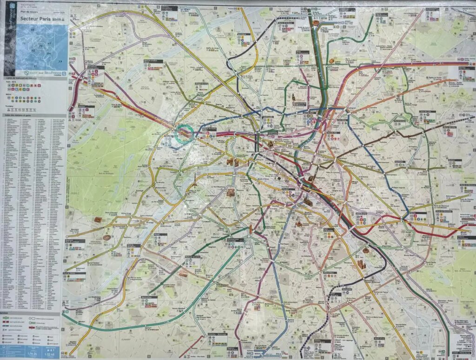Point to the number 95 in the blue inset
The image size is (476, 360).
click(33, 30)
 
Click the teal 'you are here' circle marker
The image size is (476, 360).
click(184, 134)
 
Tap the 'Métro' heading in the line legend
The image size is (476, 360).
click(7, 93)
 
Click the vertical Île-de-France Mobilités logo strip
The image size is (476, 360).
click(10, 21)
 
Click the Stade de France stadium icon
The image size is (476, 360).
click(316, 22)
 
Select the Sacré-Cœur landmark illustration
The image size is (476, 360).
click(294, 98)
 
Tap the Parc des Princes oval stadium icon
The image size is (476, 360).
click(106, 237)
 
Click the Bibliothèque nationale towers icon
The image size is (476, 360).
click(361, 265)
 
